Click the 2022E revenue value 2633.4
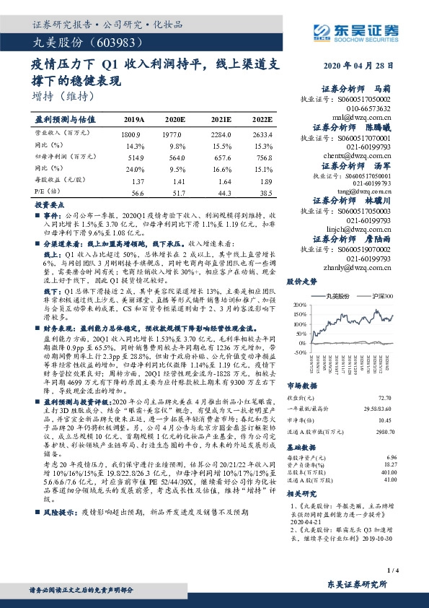(x=263, y=135)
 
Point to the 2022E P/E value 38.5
(x=265, y=194)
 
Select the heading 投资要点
(x=47, y=206)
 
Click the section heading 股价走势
(x=302, y=282)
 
